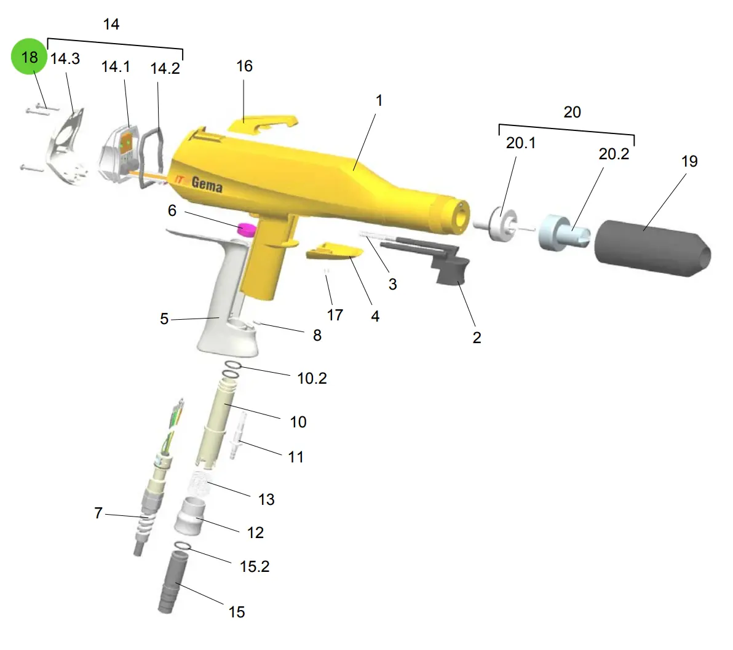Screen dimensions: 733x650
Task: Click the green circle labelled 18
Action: click(x=29, y=57)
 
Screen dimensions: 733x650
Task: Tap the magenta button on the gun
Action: click(x=247, y=229)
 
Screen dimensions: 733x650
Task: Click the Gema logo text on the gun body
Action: click(x=207, y=184)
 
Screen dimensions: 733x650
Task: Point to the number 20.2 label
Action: click(x=614, y=154)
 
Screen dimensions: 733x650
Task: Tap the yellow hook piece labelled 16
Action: click(x=263, y=124)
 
